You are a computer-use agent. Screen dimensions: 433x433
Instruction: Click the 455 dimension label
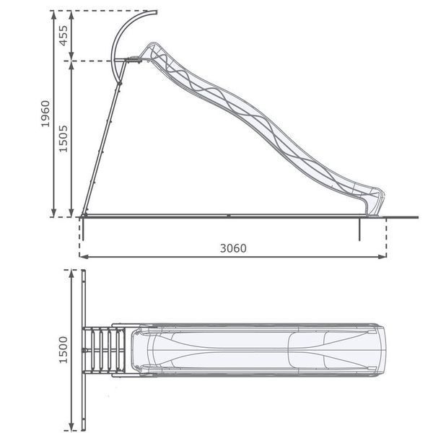point(64,35)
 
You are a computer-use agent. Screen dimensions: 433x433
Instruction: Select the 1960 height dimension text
point(45,114)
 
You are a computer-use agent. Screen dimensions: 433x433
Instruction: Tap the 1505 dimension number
point(64,139)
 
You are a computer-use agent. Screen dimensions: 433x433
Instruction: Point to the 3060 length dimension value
point(233,248)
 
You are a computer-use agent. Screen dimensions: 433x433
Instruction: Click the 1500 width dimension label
point(64,349)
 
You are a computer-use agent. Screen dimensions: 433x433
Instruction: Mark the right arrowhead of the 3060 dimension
point(382,257)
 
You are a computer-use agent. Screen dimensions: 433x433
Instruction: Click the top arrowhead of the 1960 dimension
point(54,15)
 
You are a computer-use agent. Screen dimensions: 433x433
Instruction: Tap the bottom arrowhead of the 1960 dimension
point(54,213)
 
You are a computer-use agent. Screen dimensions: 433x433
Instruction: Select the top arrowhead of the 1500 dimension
point(71,274)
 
